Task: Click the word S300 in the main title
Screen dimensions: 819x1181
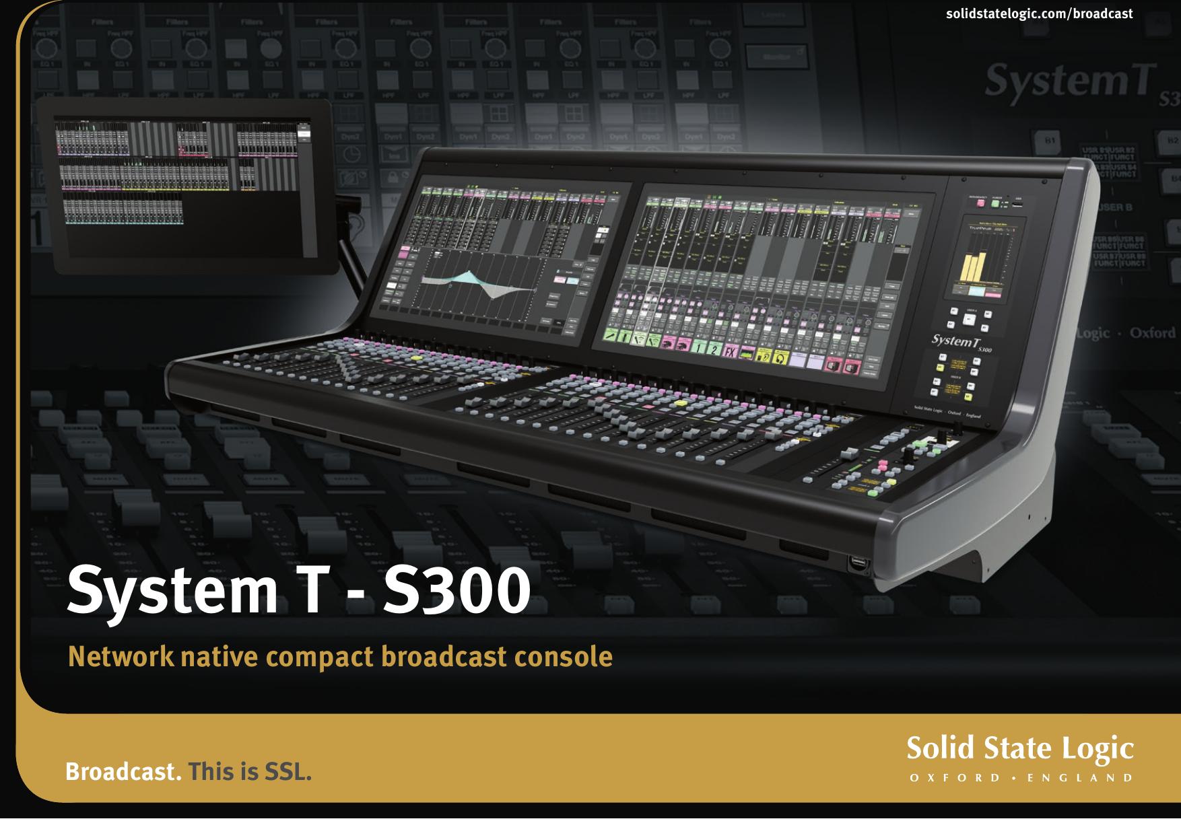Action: click(457, 591)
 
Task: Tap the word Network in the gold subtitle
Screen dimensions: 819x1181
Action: click(121, 657)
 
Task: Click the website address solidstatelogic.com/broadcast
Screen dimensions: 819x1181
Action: click(1039, 13)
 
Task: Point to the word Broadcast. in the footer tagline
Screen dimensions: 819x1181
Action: click(123, 772)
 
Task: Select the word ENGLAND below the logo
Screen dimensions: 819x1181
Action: click(1080, 778)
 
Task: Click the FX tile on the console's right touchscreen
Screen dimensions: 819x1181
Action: click(730, 351)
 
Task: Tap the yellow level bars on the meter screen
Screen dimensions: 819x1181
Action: click(974, 267)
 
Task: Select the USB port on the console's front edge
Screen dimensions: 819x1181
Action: click(858, 562)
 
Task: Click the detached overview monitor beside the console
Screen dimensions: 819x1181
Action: click(184, 185)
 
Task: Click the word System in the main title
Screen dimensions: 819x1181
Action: click(172, 591)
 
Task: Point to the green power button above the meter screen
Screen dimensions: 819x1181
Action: click(995, 203)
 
